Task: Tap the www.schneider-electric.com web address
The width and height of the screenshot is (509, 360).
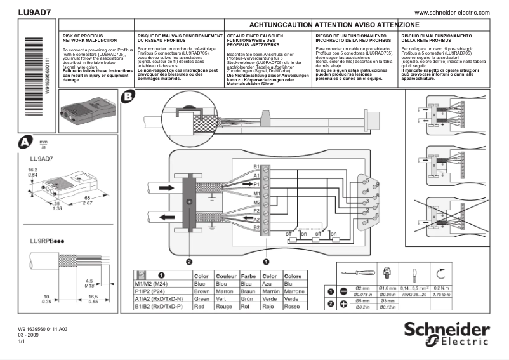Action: [x=452, y=13]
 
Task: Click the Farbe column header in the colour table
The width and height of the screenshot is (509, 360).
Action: [x=248, y=276]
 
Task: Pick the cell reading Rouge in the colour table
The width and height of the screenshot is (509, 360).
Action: [x=225, y=306]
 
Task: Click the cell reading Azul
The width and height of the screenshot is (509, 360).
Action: [x=269, y=284]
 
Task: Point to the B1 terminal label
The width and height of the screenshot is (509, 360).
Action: [x=256, y=166]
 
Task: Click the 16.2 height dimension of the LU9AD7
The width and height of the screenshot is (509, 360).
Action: [x=32, y=170]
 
